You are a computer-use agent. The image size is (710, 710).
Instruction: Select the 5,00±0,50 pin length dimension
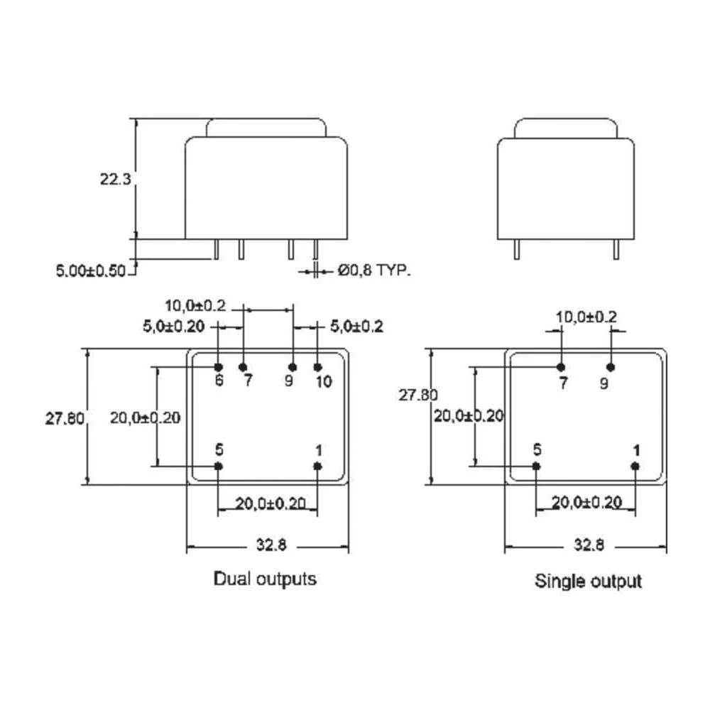click(x=90, y=270)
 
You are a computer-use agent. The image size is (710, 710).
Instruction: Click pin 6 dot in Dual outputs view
click(x=219, y=367)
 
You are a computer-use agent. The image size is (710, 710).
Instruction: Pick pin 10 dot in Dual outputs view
click(x=317, y=367)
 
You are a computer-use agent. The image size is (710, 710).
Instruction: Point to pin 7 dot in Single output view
click(x=561, y=367)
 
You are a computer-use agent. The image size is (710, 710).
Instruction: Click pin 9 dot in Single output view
click(x=610, y=367)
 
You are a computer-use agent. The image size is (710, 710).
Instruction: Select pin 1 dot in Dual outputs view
click(x=317, y=466)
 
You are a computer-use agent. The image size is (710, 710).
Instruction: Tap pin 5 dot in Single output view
click(x=536, y=466)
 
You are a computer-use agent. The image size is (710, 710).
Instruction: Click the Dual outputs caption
click(x=265, y=579)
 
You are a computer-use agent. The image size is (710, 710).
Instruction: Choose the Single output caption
click(x=588, y=581)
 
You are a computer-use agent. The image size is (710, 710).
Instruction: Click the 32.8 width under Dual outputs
click(x=267, y=546)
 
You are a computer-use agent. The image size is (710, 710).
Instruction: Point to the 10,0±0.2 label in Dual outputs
click(x=195, y=306)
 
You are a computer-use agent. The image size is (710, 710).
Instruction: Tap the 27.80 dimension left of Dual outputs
click(x=65, y=418)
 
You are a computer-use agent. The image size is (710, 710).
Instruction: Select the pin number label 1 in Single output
click(x=636, y=449)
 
